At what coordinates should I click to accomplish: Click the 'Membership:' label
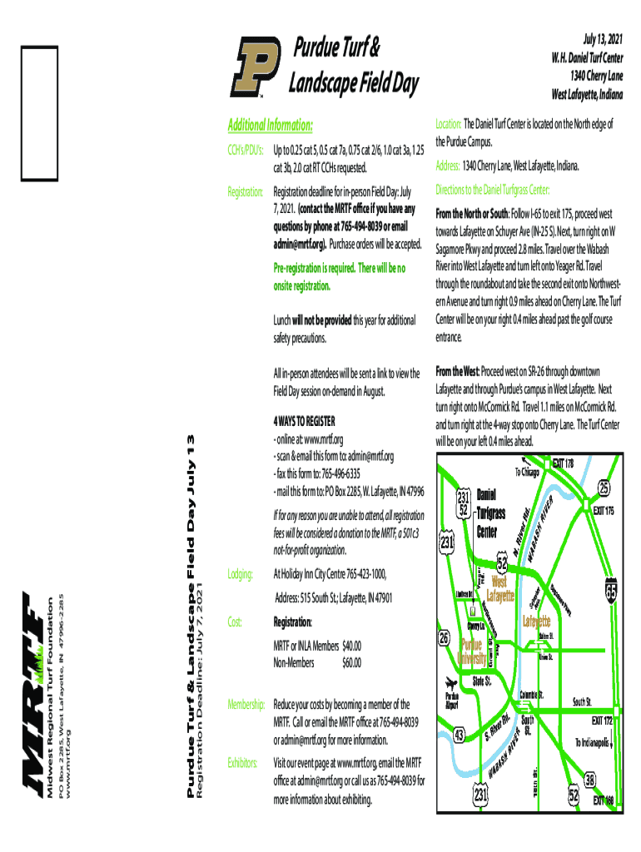[x=246, y=704]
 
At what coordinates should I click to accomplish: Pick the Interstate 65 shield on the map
[x=612, y=590]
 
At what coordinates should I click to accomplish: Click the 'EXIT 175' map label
[x=604, y=510]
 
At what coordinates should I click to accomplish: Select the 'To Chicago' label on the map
[x=528, y=472]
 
